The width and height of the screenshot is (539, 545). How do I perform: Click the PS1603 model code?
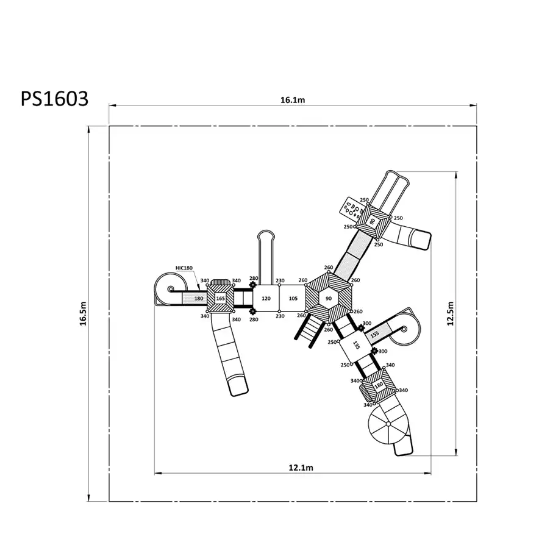(55, 99)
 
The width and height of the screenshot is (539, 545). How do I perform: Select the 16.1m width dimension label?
(293, 100)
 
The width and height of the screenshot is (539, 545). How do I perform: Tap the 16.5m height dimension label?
(83, 313)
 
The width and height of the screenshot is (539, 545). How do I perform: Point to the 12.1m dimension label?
(301, 468)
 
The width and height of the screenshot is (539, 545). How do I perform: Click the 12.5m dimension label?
(451, 313)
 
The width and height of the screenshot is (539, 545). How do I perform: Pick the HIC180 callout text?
(184, 268)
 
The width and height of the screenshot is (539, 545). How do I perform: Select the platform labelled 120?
(266, 298)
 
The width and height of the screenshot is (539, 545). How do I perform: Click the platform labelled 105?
(293, 298)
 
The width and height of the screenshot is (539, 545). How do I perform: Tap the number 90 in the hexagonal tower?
(329, 298)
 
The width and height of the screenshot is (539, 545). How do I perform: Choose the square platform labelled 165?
(221, 298)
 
